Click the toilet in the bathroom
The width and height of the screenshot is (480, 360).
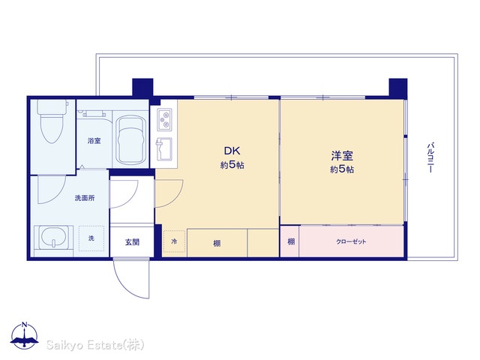point(52,120)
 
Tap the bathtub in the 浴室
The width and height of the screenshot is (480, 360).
point(130,140)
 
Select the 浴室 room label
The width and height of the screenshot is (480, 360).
point(94,141)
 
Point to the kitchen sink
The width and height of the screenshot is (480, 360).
point(164,149)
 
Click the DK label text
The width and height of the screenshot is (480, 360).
point(232,151)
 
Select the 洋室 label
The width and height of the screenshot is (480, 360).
point(342,156)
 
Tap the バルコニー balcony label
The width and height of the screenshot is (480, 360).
point(430,157)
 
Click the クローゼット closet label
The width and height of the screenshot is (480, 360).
point(351,241)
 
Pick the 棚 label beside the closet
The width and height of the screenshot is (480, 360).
point(291,241)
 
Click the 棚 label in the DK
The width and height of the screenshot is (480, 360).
point(217,244)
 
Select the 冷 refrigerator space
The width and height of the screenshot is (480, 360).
point(174,241)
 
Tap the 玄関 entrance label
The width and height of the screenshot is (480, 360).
point(132,242)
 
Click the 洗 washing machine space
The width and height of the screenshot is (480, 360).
point(91,238)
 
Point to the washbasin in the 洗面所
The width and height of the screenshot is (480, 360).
point(53,238)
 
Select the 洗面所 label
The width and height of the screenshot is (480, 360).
point(85,198)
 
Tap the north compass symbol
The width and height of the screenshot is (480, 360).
point(25,336)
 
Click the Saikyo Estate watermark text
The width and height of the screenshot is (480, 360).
point(95,345)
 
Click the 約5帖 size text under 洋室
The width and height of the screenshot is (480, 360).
point(342,169)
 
